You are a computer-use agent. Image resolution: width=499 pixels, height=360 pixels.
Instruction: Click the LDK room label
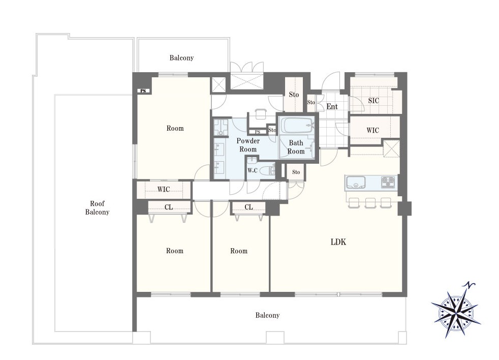pyautogui.click(x=338, y=242)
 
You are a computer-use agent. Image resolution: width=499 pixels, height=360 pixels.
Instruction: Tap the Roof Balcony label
pyautogui.click(x=97, y=208)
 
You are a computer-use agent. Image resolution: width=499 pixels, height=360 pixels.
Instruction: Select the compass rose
pyautogui.click(x=456, y=310)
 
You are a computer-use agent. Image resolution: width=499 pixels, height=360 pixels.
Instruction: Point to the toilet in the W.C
pyautogui.click(x=267, y=170)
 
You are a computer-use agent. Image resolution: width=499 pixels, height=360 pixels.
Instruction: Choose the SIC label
pyautogui.click(x=373, y=101)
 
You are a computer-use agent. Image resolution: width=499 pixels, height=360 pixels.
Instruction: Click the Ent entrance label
pyautogui.click(x=332, y=106)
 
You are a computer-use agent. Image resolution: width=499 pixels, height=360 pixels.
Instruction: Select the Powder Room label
pyautogui.click(x=248, y=145)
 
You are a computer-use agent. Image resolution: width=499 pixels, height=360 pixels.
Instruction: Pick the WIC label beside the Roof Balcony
pyautogui.click(x=164, y=190)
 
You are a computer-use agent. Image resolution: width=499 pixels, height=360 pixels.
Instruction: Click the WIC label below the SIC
pyautogui.click(x=372, y=130)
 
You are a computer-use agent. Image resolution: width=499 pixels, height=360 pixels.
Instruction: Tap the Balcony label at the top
pyautogui.click(x=181, y=58)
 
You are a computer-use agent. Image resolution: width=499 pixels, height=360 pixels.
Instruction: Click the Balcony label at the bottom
pyautogui.click(x=267, y=315)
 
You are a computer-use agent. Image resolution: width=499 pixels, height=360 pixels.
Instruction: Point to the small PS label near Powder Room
pyautogui.click(x=258, y=132)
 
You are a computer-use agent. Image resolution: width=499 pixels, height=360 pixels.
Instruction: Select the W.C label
pyautogui.click(x=253, y=171)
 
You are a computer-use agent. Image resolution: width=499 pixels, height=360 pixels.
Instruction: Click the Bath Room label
pyautogui.click(x=296, y=147)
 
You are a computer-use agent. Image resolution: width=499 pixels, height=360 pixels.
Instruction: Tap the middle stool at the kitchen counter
pyautogui.click(x=370, y=202)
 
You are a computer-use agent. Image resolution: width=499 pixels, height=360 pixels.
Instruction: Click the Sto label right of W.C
pyautogui.click(x=296, y=172)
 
